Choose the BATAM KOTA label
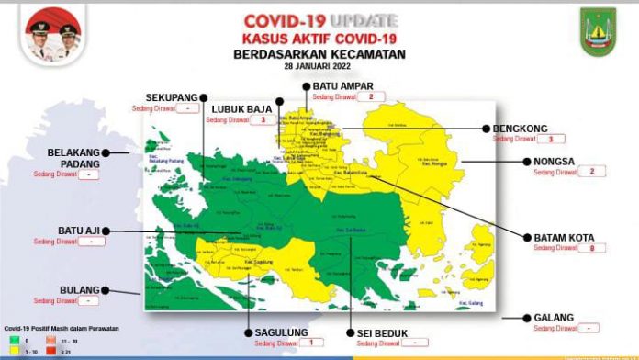564,237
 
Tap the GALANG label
554,318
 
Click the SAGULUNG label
282,332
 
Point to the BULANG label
79,290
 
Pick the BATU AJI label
78,231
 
